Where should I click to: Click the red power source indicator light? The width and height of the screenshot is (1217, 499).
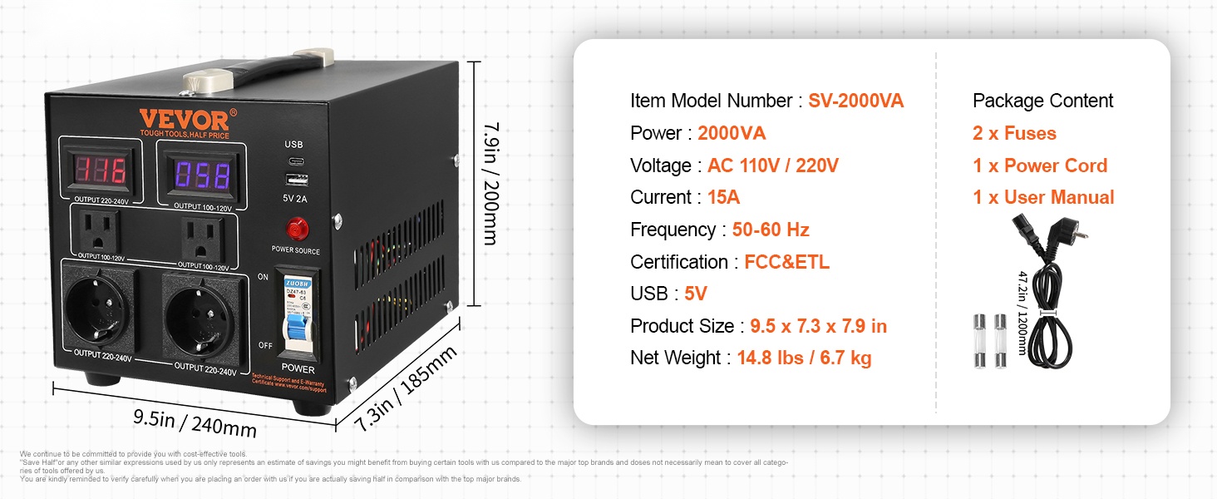tap(294, 228)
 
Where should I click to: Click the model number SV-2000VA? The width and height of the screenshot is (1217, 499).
tap(855, 101)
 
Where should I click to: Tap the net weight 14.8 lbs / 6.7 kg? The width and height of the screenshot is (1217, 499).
tap(804, 358)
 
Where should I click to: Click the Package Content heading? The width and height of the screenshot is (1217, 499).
tap(1042, 101)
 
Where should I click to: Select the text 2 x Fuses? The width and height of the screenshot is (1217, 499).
tap(1014, 133)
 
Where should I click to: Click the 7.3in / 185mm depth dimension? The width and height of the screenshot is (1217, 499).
tap(405, 388)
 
